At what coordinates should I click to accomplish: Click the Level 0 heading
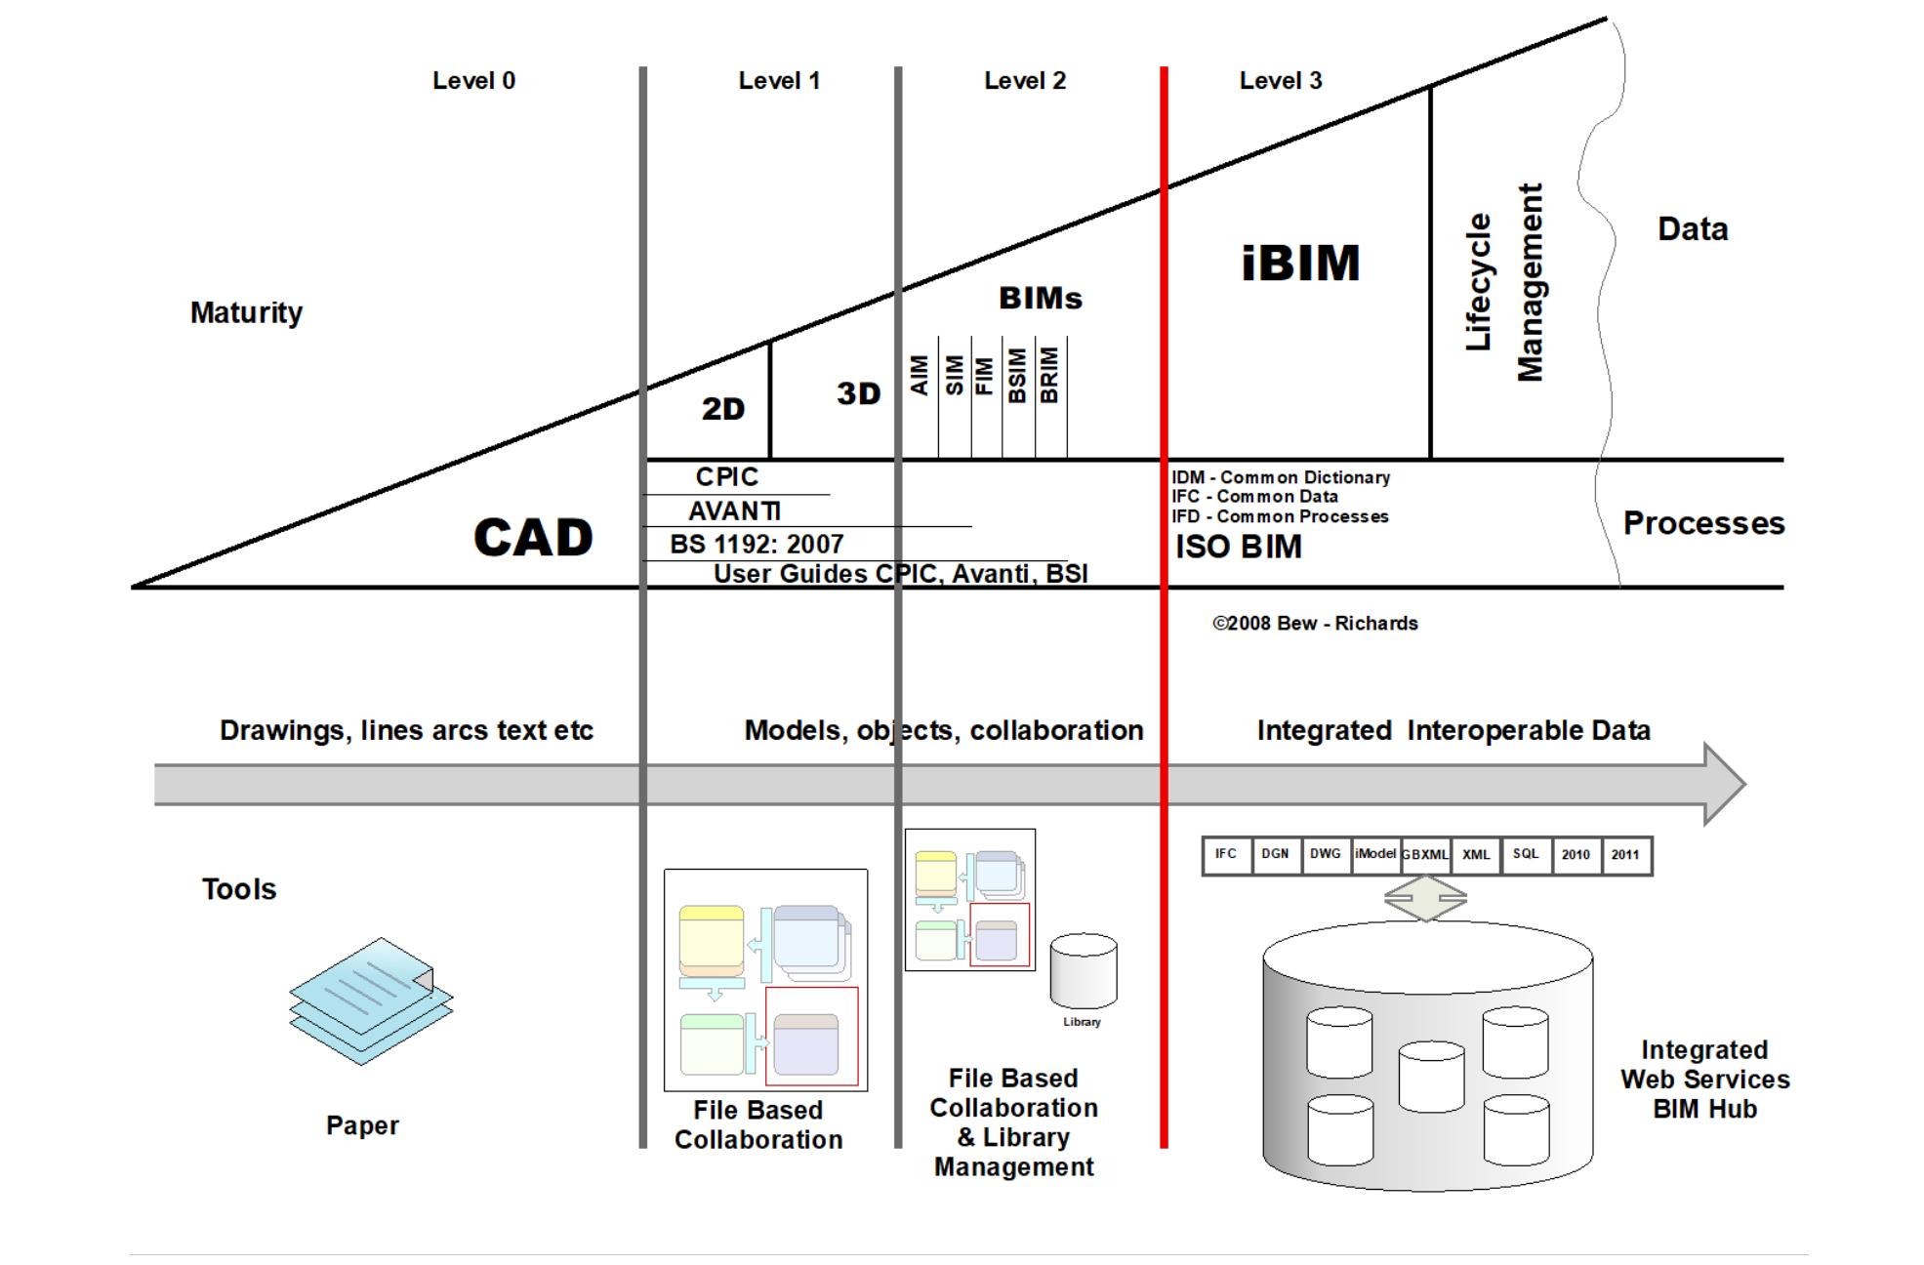pyautogui.click(x=473, y=81)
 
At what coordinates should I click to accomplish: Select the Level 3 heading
pyautogui.click(x=1280, y=81)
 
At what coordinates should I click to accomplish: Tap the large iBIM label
pyautogui.click(x=1300, y=264)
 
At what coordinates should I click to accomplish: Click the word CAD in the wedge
pyautogui.click(x=533, y=538)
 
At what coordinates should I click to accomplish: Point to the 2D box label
pyautogui.click(x=722, y=409)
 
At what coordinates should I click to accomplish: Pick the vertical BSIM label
pyautogui.click(x=1017, y=376)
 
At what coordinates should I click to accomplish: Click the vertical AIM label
pyautogui.click(x=919, y=376)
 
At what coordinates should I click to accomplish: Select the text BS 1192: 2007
pyautogui.click(x=757, y=545)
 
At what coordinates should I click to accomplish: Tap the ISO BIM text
pyautogui.click(x=1238, y=548)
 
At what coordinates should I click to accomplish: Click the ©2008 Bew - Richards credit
pyautogui.click(x=1314, y=624)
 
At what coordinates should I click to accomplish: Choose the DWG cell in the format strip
pyautogui.click(x=1325, y=854)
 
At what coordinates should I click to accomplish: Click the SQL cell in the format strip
pyautogui.click(x=1525, y=854)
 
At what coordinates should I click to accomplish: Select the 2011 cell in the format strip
pyautogui.click(x=1624, y=855)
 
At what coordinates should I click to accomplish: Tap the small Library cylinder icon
pyautogui.click(x=1083, y=972)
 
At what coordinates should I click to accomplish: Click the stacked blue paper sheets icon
pyautogui.click(x=371, y=1000)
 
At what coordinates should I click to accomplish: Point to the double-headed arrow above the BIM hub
pyautogui.click(x=1425, y=898)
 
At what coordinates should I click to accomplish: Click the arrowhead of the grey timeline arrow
pyautogui.click(x=1724, y=784)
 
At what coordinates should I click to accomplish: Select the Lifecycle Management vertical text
pyautogui.click(x=1504, y=283)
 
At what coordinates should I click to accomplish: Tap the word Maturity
pyautogui.click(x=246, y=313)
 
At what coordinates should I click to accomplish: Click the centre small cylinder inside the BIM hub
pyautogui.click(x=1430, y=1077)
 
